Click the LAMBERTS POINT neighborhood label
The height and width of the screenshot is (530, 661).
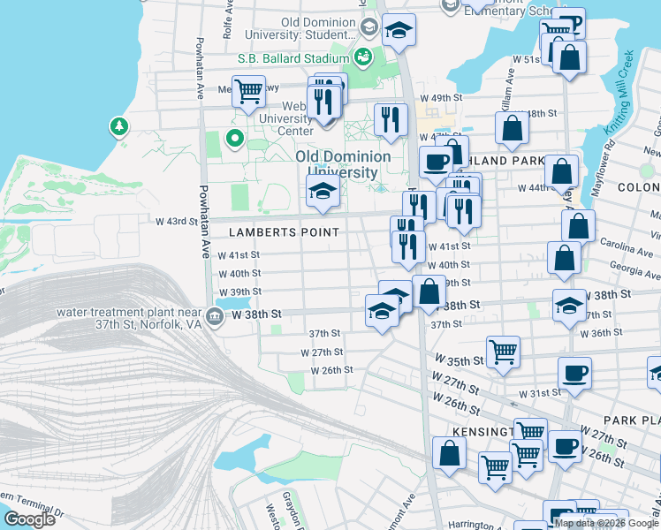(284, 232)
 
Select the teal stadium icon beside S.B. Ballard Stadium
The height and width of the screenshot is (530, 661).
(362, 58)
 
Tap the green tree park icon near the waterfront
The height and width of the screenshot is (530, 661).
(118, 127)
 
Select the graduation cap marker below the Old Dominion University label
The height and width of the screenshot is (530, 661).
(323, 190)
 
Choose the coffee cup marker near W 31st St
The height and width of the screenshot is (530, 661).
(574, 373)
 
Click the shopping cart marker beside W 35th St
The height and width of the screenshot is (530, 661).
(503, 351)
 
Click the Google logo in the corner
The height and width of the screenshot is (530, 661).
(29, 519)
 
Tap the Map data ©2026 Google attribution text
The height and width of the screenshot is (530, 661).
(606, 523)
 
